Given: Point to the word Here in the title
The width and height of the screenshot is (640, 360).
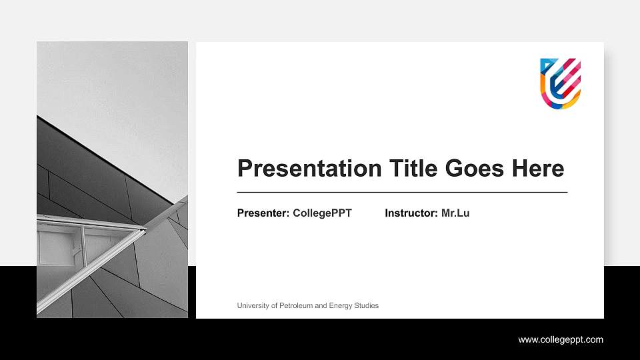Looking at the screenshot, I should [538, 168].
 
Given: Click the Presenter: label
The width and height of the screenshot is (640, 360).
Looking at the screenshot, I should [263, 213].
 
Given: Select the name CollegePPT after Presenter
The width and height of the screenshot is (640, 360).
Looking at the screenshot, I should [322, 213].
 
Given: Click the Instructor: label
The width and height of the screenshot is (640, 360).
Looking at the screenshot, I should [411, 213].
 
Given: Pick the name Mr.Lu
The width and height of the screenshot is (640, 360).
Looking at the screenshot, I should [455, 213].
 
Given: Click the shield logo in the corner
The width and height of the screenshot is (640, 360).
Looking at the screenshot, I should [560, 83].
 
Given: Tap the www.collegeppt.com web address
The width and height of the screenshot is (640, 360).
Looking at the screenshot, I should [561, 339].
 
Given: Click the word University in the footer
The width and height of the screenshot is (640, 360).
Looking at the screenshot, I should [254, 305].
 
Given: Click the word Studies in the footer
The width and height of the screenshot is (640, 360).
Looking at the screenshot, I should [367, 305].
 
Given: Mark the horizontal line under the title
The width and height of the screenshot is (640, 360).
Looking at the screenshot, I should [402, 192].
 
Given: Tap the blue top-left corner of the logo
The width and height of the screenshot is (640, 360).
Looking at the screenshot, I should [545, 64].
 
